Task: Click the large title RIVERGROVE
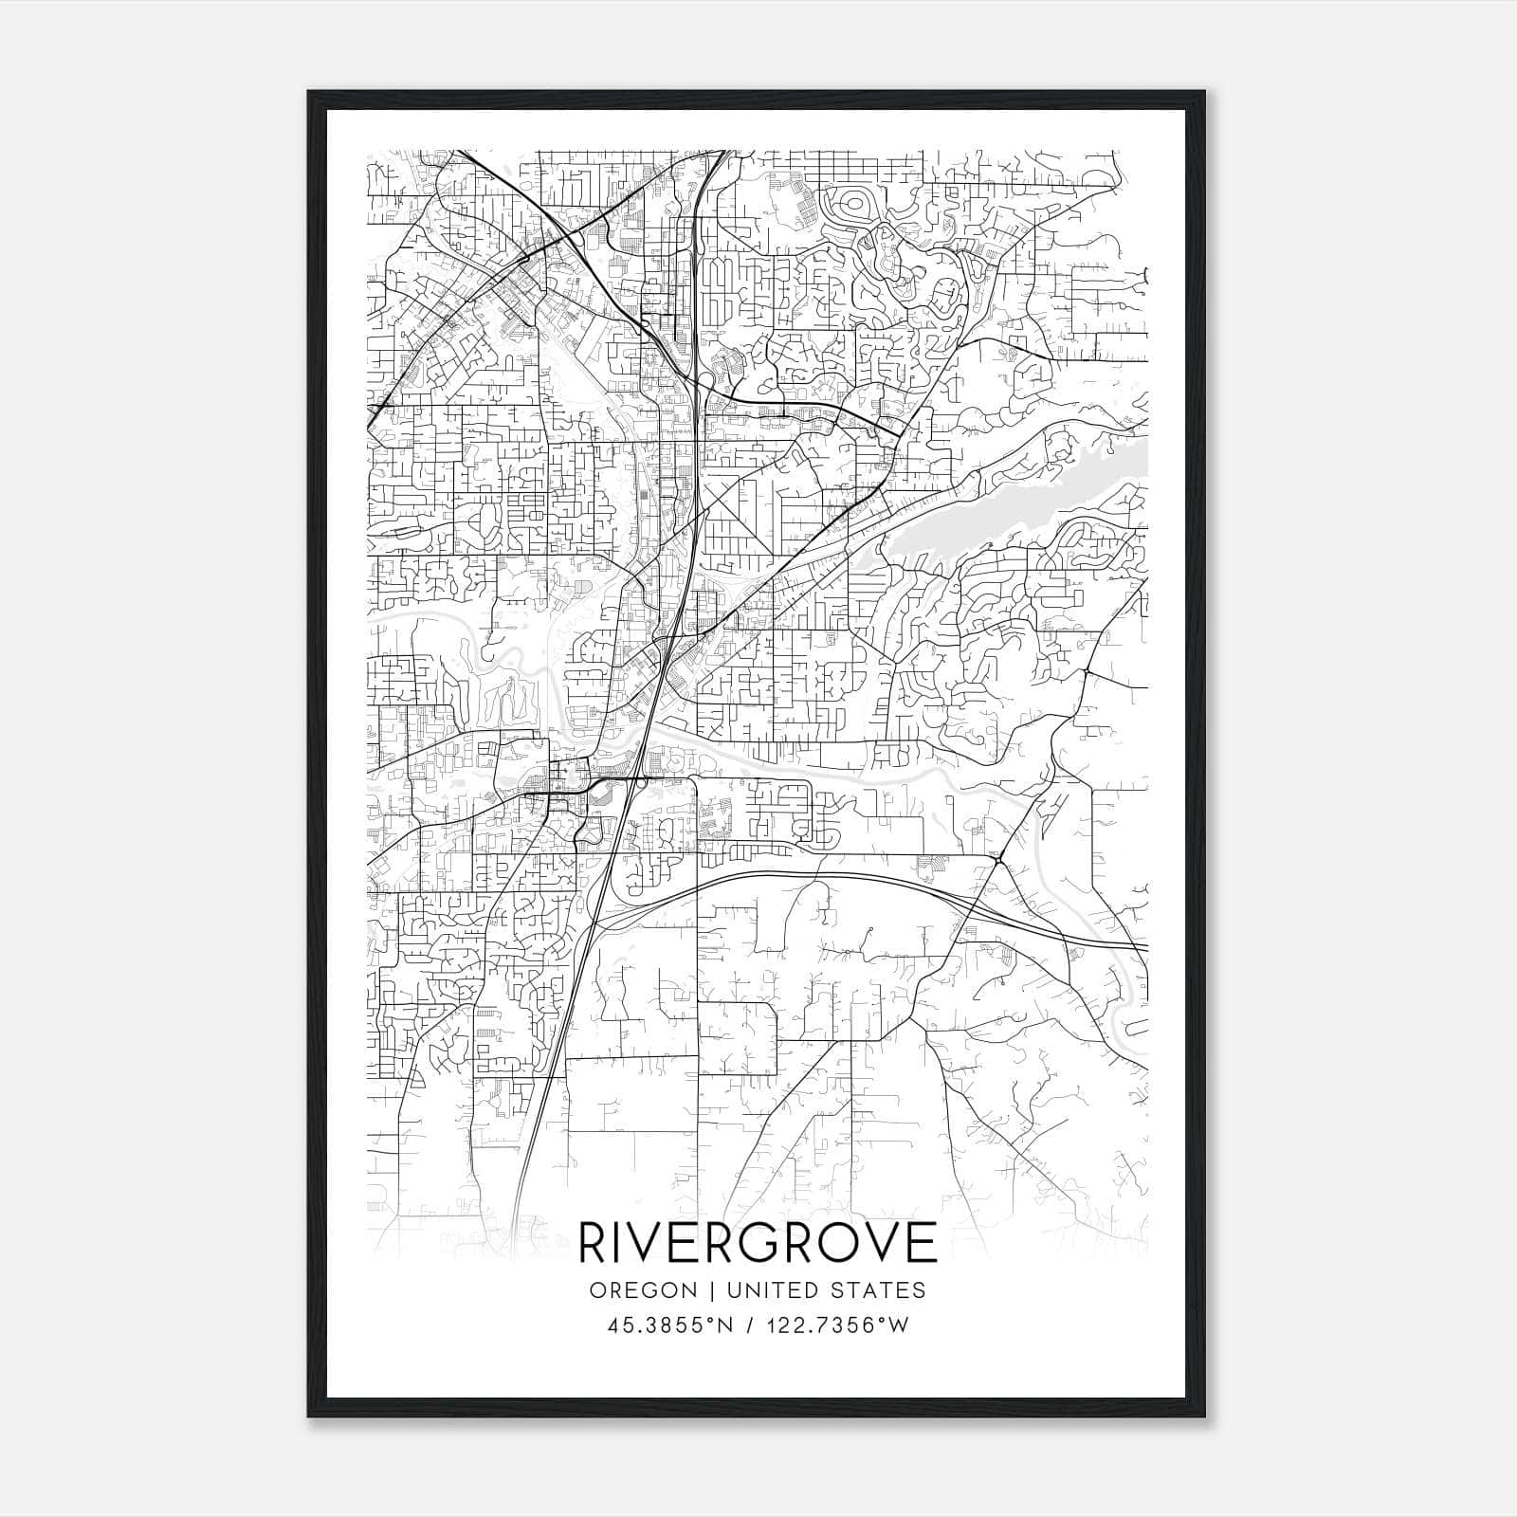click(x=758, y=1243)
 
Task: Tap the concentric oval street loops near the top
click(x=850, y=205)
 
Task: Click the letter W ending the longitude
click(x=898, y=1325)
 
